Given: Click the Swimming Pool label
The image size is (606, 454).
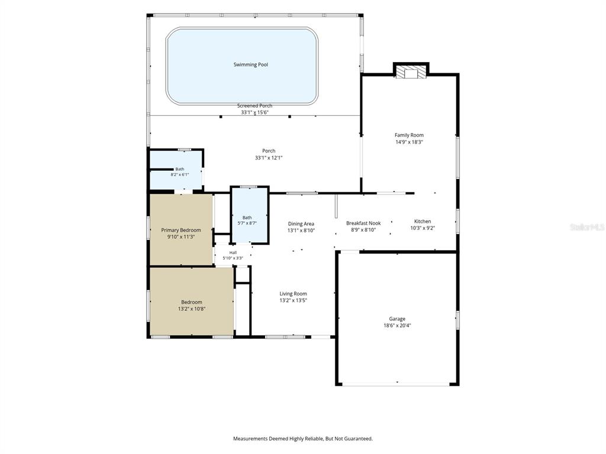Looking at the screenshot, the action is (x=250, y=64).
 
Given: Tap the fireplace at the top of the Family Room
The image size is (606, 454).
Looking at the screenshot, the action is (x=411, y=72).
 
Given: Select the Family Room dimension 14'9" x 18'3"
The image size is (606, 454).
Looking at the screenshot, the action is (x=409, y=142).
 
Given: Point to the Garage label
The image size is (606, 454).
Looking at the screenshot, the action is (x=397, y=319).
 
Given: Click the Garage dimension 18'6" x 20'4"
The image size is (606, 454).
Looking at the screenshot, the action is (x=397, y=326).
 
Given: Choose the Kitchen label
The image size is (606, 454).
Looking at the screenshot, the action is (x=423, y=221).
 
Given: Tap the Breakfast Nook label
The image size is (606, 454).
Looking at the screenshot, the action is (x=363, y=223).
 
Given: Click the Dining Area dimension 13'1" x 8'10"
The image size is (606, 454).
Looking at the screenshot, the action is (x=301, y=231).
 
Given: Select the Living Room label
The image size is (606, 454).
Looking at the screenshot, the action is (x=293, y=294).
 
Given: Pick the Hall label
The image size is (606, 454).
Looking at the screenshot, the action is (x=233, y=252).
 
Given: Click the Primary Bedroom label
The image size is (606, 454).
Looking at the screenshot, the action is (x=181, y=230).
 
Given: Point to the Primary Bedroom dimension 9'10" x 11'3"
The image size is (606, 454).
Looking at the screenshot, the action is (x=181, y=237).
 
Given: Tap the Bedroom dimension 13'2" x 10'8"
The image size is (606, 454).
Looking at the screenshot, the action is (x=192, y=309).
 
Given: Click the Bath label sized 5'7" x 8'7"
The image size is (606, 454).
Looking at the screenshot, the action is (x=247, y=218).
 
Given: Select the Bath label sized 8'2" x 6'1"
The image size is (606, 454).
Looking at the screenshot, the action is (x=180, y=169).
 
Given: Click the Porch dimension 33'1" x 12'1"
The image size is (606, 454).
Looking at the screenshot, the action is (x=269, y=158).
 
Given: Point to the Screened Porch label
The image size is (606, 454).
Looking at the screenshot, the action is (x=254, y=106).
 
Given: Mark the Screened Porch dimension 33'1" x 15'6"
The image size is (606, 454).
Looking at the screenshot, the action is (x=254, y=112).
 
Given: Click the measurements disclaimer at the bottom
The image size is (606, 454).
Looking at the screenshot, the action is (x=303, y=439).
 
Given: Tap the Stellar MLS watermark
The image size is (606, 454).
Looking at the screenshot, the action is (x=587, y=227).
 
